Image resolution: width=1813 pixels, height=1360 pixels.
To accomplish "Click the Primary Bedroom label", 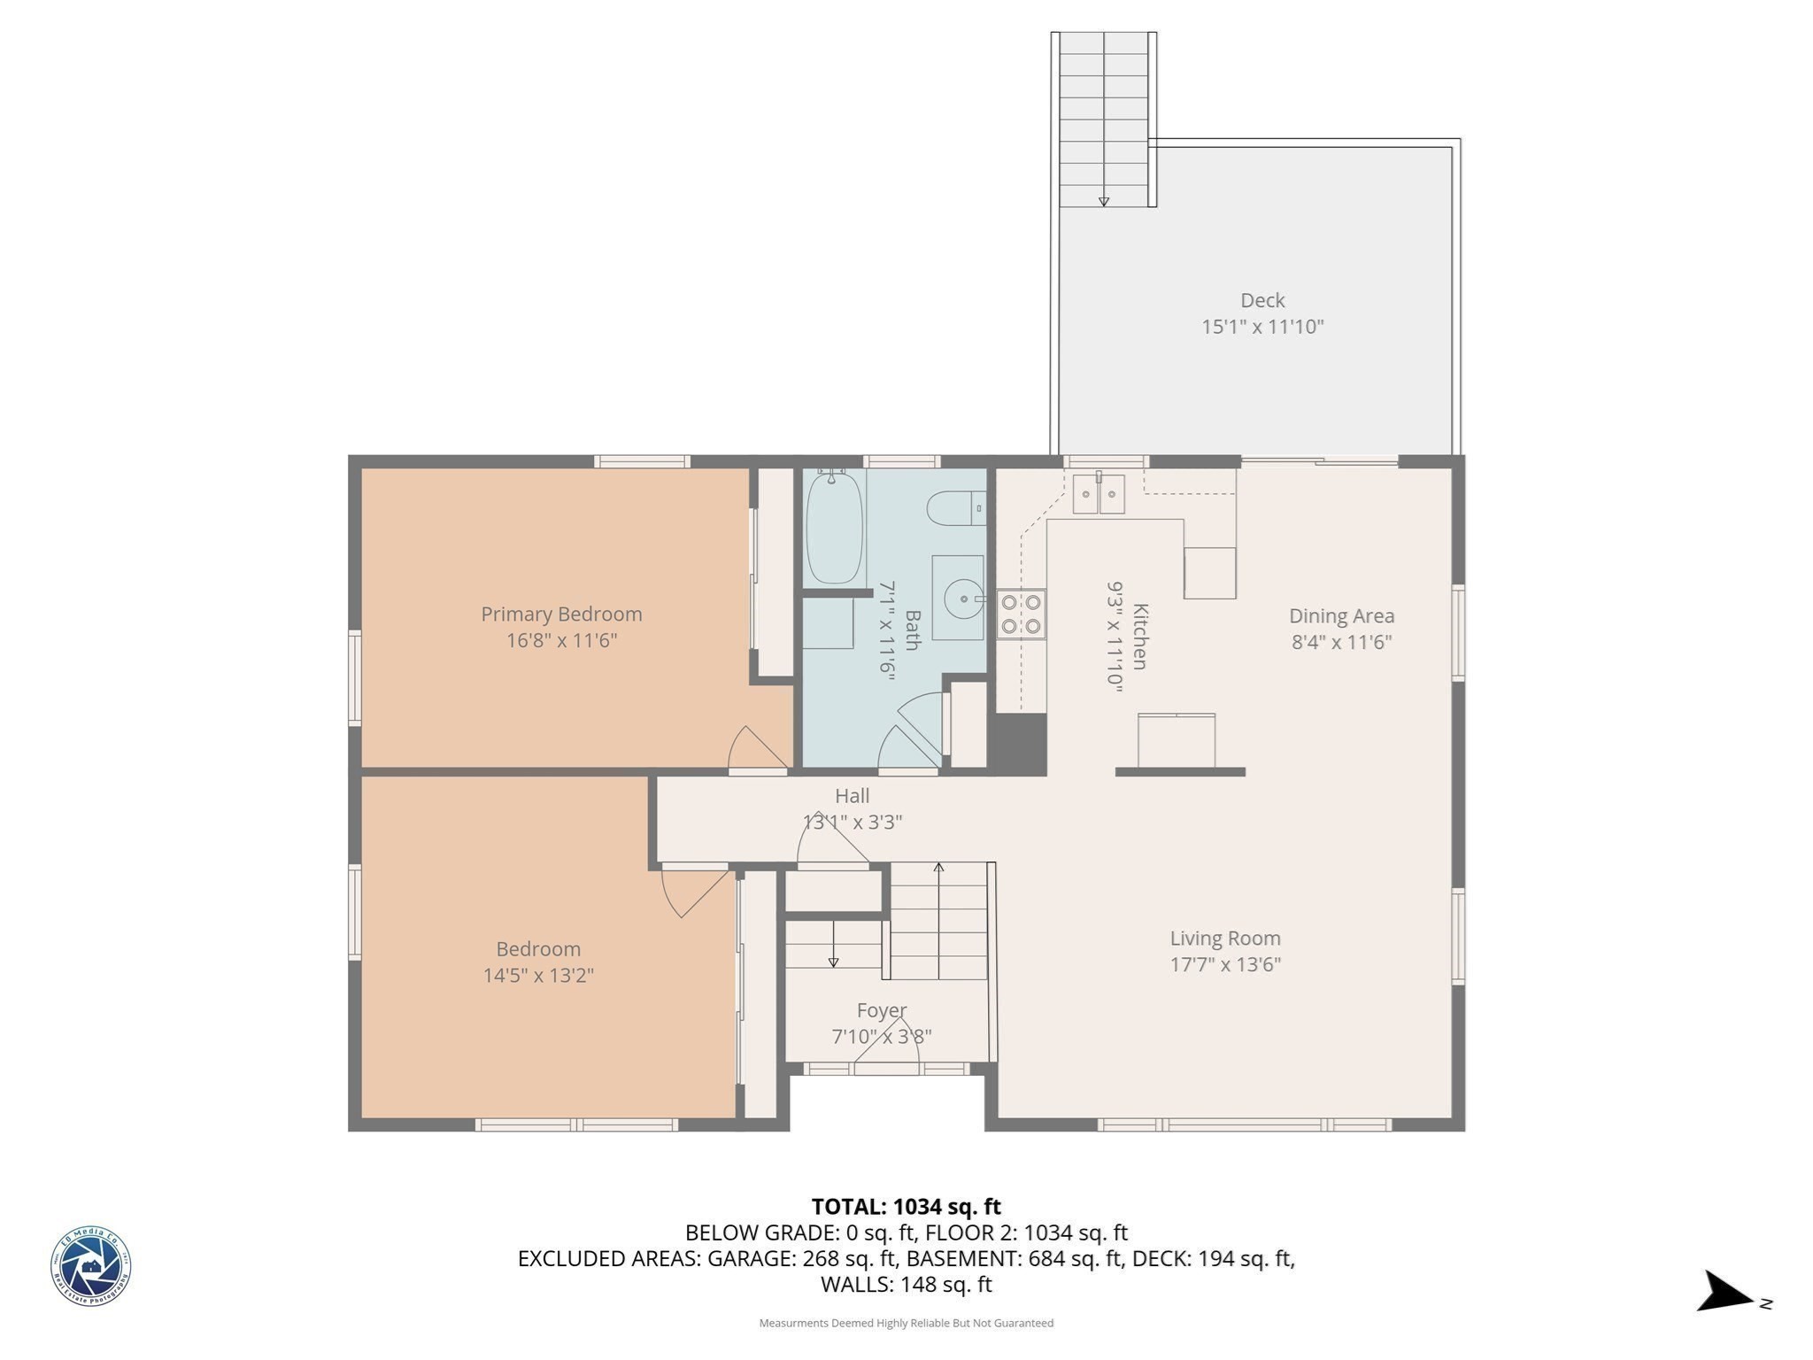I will [561, 614].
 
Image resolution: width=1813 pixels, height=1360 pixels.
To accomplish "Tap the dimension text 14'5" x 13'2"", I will [537, 975].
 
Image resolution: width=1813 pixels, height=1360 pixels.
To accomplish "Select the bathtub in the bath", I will [834, 529].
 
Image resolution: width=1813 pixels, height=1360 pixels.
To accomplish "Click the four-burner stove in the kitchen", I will [1021, 614].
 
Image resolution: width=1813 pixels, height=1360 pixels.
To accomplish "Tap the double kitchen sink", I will [1099, 494].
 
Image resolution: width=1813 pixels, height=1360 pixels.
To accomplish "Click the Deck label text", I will [1261, 300].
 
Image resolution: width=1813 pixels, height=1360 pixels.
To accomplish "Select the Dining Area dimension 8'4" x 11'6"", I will [1341, 642].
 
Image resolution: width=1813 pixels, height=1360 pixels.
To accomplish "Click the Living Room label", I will [1224, 938].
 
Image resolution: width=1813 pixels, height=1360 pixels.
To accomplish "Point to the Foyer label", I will [881, 1010].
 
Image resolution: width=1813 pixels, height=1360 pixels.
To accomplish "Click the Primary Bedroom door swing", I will [755, 749].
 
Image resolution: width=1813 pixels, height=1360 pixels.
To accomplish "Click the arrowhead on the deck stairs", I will [1103, 202].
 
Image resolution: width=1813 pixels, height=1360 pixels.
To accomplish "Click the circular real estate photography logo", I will [90, 1266].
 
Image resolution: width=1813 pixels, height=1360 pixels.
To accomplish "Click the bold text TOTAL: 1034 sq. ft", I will [906, 1206].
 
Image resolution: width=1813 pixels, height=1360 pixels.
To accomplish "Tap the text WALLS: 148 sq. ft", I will [906, 1284].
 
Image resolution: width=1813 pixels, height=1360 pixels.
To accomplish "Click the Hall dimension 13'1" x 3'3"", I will [852, 822].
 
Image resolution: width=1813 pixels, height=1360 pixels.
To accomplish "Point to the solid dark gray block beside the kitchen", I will [1019, 742].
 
